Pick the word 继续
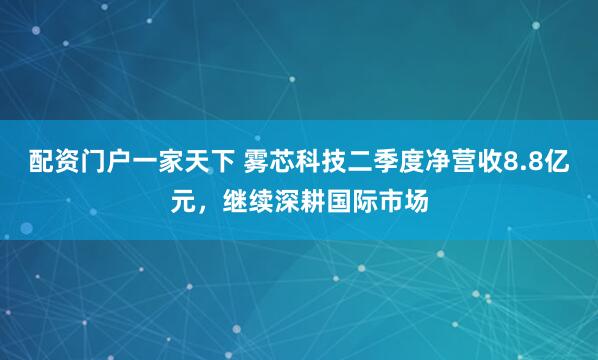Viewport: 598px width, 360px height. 253,200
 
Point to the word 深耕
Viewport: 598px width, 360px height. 308,200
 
